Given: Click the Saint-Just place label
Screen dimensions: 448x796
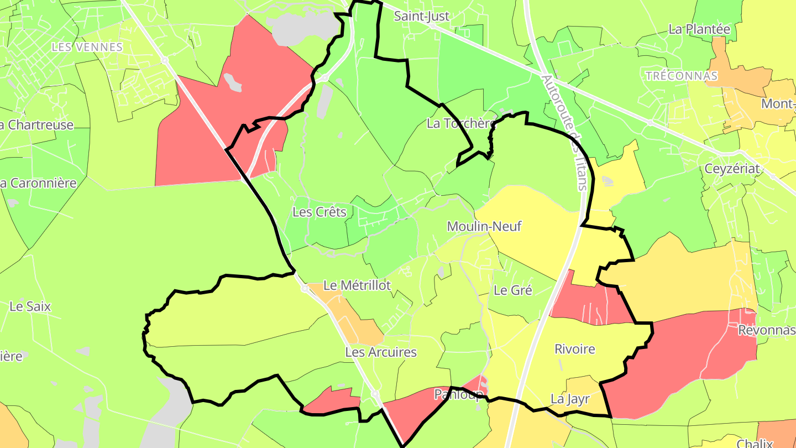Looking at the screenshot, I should coord(421,16).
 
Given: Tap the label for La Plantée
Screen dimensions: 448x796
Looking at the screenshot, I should coord(699,29).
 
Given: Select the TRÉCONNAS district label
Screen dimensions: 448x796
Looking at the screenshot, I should coord(682,76).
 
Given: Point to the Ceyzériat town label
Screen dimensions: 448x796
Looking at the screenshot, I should coord(732,169).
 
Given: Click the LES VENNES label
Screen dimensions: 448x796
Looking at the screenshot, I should coord(87,47).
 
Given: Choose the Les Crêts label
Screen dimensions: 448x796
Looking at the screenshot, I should coord(319,212).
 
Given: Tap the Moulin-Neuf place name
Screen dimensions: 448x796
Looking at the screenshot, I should coord(484,226).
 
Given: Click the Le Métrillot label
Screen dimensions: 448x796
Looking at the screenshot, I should coord(357,285).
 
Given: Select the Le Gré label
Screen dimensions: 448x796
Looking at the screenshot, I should coord(513,290).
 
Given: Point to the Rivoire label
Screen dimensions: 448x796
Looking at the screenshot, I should coord(575,349).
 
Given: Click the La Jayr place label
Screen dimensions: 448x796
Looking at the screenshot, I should coord(570,399).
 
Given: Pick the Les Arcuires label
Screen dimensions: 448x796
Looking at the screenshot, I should coord(381,352).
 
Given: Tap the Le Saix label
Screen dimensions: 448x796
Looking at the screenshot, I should coord(30,306).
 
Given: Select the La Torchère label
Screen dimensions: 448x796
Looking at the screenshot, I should coord(460,123).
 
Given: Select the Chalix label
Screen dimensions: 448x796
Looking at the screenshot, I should coord(755,443).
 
